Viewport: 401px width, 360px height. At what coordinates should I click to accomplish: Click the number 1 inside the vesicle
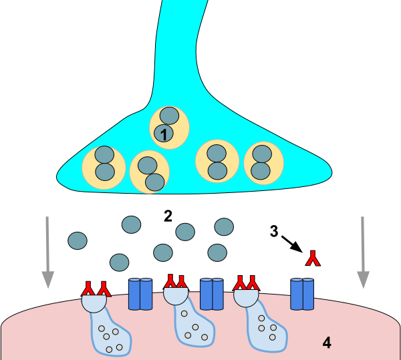coord(163,134)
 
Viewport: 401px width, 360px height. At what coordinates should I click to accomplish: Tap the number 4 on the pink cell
coord(326,343)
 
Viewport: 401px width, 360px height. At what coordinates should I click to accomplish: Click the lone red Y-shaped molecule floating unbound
coord(313,258)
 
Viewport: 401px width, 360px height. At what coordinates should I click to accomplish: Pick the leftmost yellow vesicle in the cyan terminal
coord(104,168)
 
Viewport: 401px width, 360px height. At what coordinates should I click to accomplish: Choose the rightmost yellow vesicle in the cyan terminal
coord(263,162)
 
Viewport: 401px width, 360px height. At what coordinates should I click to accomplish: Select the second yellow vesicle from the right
coord(217,161)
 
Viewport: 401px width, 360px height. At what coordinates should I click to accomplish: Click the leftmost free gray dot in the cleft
coord(78,240)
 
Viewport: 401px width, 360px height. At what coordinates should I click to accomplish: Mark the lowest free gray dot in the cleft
coord(119,262)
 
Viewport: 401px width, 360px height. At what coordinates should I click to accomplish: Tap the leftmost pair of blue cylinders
coord(140,294)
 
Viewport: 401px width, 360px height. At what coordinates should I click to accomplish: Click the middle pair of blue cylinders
coord(212,294)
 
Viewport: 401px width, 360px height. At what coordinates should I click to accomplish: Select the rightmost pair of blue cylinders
coord(302,294)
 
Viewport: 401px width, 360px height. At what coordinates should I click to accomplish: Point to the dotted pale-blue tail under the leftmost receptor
coord(111,334)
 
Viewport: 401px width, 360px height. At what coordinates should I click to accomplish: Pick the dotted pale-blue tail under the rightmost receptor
coord(267,329)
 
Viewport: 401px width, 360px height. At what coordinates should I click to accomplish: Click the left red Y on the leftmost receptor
coord(88,289)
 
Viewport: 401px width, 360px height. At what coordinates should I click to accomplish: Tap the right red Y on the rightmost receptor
coord(253,283)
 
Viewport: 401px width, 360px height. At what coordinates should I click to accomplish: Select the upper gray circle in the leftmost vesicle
coord(104,155)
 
